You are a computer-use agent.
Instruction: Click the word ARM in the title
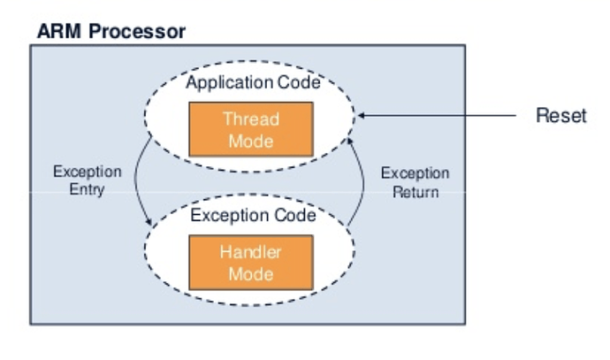pos(59,31)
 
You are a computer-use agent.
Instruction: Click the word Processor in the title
pos(137,31)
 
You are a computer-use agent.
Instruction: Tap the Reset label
pos(561,115)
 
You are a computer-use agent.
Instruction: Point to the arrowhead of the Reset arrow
pos(361,115)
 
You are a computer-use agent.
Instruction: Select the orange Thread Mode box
pos(251,129)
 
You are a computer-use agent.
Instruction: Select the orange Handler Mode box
pos(251,263)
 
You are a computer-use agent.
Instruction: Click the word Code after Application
pos(299,82)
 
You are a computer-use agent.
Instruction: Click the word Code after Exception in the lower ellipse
pos(295,215)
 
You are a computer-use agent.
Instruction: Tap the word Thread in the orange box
pos(251,119)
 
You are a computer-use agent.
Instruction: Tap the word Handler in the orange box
pos(250,252)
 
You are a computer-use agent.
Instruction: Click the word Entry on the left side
pos(88,189)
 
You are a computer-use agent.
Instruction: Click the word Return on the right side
pos(416,192)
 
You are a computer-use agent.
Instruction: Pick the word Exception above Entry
pos(88,172)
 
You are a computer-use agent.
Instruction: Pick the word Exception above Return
pos(416,173)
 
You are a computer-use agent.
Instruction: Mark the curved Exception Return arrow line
pos(363,181)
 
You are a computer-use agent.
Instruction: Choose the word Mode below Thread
pos(251,141)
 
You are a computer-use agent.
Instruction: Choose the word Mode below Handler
pos(251,274)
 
